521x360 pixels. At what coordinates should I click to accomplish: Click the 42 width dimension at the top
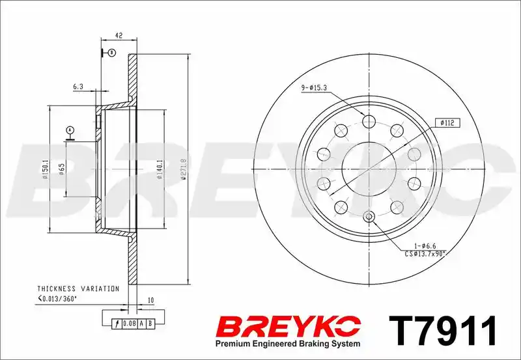119,35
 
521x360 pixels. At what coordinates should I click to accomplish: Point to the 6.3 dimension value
77,87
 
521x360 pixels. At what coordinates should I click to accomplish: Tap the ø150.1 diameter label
46,169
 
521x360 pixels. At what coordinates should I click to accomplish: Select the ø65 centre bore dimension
61,169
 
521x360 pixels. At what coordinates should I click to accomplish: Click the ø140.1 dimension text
160,169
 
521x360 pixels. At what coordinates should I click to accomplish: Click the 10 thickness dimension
150,301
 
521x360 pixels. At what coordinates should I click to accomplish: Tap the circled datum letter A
70,129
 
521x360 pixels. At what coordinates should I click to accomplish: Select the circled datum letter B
112,53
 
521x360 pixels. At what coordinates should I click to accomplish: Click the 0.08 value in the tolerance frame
128,324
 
